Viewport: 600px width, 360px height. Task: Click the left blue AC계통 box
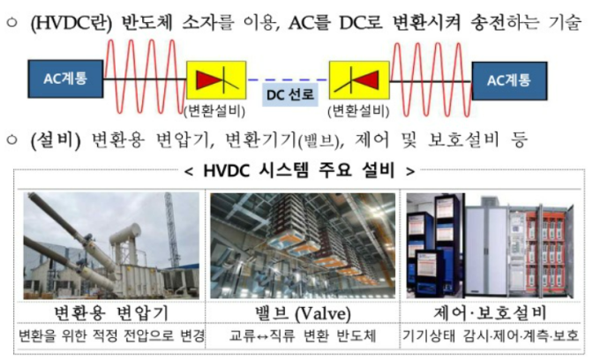(x=65, y=79)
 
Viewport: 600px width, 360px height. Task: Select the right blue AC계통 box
(x=509, y=80)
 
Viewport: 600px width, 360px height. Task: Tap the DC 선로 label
(x=290, y=94)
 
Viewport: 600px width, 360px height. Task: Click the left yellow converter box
(x=216, y=80)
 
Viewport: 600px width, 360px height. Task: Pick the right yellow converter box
(x=359, y=80)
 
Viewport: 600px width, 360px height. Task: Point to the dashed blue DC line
(x=288, y=80)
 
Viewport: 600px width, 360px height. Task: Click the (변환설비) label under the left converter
(x=214, y=111)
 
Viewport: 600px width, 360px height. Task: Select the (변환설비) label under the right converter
(x=358, y=111)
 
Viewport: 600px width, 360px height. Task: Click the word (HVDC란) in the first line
(x=71, y=23)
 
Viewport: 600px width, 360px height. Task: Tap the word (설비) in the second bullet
(x=56, y=139)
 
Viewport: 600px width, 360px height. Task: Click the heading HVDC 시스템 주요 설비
(x=299, y=170)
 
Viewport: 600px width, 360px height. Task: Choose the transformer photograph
(x=111, y=245)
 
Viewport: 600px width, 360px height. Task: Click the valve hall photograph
(x=303, y=245)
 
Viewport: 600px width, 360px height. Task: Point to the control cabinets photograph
(x=491, y=245)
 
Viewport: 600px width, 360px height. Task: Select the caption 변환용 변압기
(x=111, y=313)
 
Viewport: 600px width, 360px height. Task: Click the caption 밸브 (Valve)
(x=303, y=313)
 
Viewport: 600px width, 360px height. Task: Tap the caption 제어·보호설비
(x=491, y=313)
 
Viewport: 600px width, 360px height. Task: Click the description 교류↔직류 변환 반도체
(x=303, y=335)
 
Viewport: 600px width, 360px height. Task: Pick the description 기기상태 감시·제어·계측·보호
(x=491, y=335)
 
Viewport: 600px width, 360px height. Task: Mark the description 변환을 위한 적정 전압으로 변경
(x=111, y=335)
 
